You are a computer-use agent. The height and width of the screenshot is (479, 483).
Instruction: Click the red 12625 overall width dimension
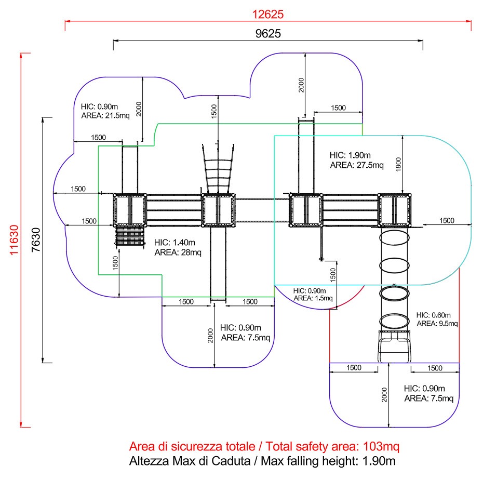(267, 14)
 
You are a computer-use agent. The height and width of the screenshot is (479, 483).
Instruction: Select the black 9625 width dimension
(268, 34)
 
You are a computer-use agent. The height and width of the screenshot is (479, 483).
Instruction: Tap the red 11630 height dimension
(14, 240)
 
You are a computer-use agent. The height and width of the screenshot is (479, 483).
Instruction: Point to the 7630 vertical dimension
(36, 240)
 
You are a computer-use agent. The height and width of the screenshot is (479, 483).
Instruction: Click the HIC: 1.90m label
(350, 155)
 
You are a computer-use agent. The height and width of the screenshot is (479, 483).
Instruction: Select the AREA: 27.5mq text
(357, 165)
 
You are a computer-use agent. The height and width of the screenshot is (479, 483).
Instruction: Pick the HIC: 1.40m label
(175, 243)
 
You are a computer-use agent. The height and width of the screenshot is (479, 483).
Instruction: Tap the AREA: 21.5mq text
(105, 115)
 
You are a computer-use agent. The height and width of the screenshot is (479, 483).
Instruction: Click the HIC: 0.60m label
(433, 315)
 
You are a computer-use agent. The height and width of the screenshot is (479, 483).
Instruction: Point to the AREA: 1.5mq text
(313, 298)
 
